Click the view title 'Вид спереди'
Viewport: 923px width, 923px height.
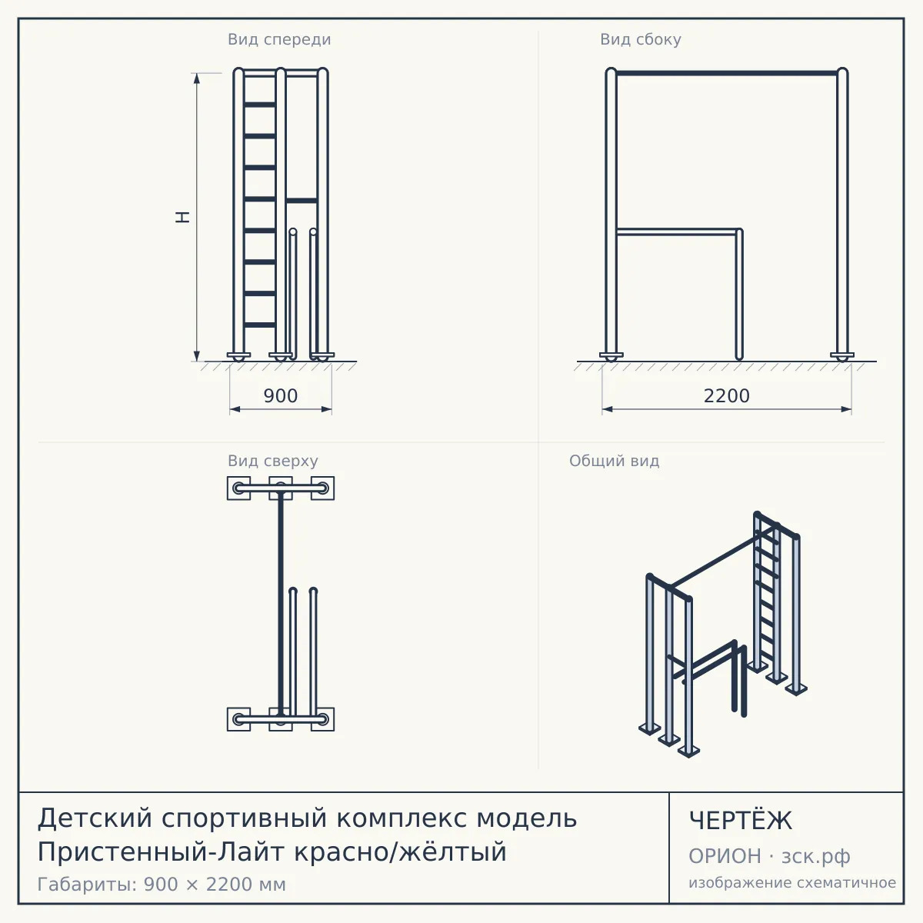coord(279,39)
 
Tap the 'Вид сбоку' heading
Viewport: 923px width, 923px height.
coord(641,39)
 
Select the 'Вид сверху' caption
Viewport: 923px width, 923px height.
coord(272,461)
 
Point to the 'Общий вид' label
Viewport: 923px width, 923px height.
coord(614,461)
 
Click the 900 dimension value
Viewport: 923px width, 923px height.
coord(281,395)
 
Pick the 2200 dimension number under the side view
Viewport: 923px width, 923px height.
coord(727,395)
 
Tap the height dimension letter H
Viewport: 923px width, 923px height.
coord(182,217)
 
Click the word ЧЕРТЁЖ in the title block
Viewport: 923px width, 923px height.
coord(741,820)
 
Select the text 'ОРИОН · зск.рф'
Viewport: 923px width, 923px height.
coord(769,856)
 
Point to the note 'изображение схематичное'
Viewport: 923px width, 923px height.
coord(792,882)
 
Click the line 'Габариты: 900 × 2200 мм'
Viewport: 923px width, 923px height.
coord(162,885)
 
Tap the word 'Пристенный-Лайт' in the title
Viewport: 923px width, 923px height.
coord(162,852)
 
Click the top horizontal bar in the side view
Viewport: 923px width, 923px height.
coord(727,73)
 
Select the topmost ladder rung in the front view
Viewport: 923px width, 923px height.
coord(260,105)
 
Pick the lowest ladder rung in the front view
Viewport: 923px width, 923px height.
coord(260,325)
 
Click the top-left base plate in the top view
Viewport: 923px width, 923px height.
coord(238,488)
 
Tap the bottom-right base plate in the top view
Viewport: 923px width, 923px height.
coord(323,719)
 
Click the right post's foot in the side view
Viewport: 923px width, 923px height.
coord(842,357)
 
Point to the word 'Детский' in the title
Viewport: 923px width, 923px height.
coord(95,818)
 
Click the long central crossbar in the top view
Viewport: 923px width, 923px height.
coord(281,604)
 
